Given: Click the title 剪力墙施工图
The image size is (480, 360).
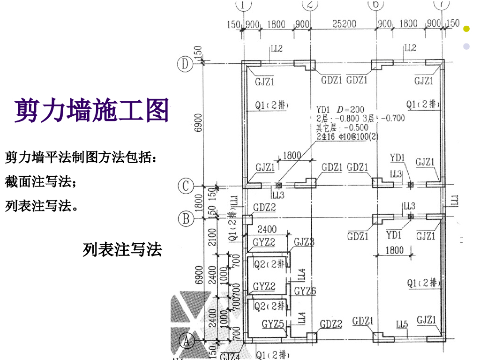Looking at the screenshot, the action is (x=92, y=111).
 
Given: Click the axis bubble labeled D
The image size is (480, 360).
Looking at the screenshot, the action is (x=186, y=65).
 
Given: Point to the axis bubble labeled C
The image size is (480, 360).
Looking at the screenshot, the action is (x=186, y=186).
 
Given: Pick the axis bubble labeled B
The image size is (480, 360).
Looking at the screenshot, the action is (x=186, y=217).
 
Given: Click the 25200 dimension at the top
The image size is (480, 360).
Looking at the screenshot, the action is (x=343, y=23).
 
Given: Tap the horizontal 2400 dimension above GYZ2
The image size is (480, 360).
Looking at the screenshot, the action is (x=267, y=230).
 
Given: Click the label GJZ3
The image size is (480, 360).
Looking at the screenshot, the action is (x=304, y=242).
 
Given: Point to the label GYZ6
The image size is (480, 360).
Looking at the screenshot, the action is (x=305, y=291).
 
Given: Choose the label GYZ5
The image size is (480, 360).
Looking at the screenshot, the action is (x=273, y=324).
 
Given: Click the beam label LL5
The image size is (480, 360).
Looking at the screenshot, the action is (x=402, y=324).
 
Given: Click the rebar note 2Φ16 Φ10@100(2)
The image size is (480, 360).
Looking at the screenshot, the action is (x=347, y=136).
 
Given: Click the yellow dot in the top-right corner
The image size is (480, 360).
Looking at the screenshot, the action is (x=466, y=29).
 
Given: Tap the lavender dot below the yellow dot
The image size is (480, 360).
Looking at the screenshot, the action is (x=466, y=46).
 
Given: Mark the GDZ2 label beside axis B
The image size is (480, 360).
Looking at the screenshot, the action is (x=264, y=207).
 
